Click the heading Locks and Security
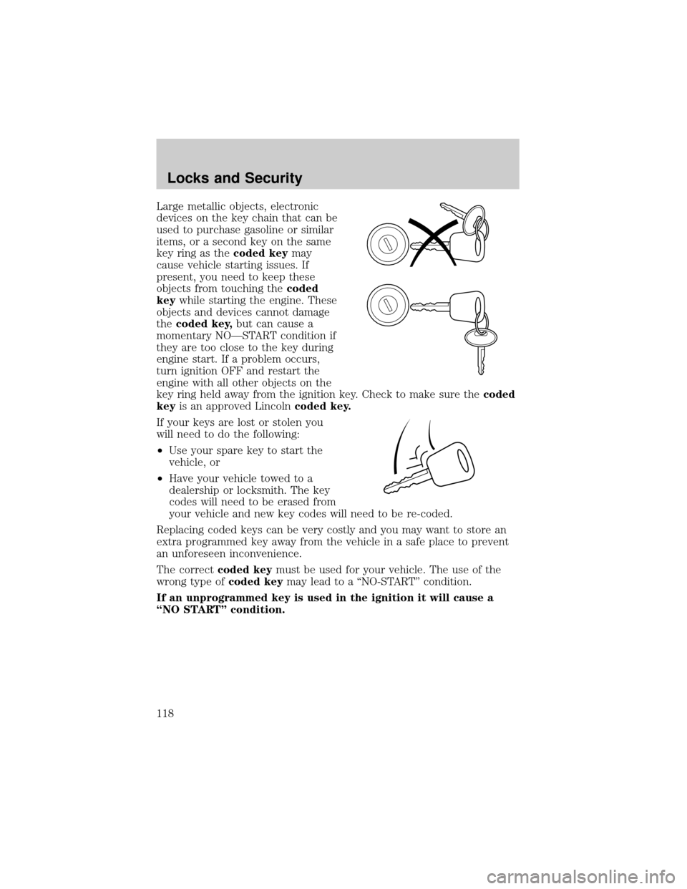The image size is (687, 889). [235, 178]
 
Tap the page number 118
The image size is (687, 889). [167, 714]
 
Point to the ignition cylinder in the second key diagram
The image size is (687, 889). [386, 305]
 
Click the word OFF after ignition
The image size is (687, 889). [235, 371]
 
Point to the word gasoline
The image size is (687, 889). [266, 229]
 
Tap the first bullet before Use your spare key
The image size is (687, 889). [162, 451]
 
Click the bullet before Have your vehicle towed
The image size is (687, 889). [162, 479]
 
